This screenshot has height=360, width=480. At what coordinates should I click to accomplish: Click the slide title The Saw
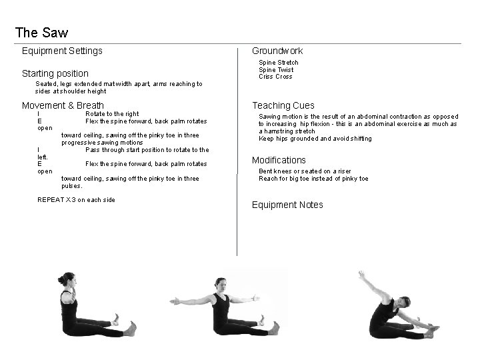(41, 32)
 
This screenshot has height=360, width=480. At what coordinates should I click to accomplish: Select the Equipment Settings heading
(62, 51)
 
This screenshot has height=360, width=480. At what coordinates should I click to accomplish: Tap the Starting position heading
(55, 73)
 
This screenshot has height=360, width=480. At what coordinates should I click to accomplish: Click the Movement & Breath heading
(63, 105)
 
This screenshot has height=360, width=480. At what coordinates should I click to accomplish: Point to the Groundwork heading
(277, 51)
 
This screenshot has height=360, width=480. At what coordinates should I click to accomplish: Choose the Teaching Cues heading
(283, 105)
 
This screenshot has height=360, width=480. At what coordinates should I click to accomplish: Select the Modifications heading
(279, 160)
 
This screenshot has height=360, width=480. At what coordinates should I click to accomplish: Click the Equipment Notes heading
(287, 205)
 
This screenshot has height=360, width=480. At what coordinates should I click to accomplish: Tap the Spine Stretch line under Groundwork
(279, 63)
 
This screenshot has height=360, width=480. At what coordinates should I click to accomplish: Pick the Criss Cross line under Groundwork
(275, 77)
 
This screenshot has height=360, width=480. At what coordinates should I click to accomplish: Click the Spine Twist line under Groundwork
(276, 70)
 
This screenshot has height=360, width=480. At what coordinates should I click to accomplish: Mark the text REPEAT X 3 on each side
(77, 200)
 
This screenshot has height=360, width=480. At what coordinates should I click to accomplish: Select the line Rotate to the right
(112, 114)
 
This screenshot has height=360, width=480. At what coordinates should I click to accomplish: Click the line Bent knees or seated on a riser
(305, 171)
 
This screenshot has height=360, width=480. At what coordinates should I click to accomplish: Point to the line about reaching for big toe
(313, 179)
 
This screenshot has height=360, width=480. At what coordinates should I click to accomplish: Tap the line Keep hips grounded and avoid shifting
(315, 139)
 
